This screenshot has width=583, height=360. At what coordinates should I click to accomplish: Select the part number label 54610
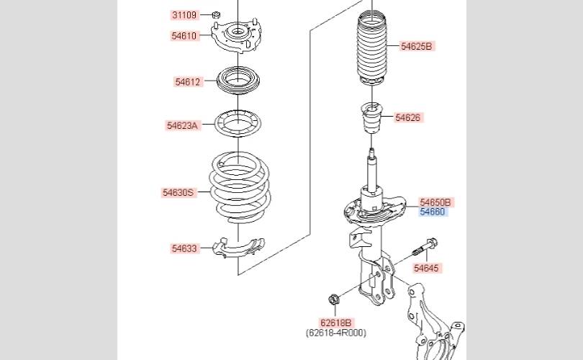click(184, 35)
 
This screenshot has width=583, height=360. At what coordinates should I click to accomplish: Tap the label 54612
click(187, 82)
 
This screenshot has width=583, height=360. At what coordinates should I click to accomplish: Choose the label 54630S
click(178, 192)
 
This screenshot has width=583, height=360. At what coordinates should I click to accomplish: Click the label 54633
click(184, 248)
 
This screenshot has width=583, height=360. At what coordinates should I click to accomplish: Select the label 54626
click(407, 117)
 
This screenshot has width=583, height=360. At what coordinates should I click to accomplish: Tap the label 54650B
click(437, 202)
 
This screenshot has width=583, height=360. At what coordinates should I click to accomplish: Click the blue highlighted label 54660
click(433, 212)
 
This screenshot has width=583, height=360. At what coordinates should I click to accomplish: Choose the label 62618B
click(337, 323)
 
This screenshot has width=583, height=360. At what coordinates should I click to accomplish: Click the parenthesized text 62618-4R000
click(336, 333)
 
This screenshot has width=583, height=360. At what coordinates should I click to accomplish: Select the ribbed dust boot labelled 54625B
click(371, 47)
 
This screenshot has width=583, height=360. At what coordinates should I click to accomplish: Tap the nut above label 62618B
click(334, 299)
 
